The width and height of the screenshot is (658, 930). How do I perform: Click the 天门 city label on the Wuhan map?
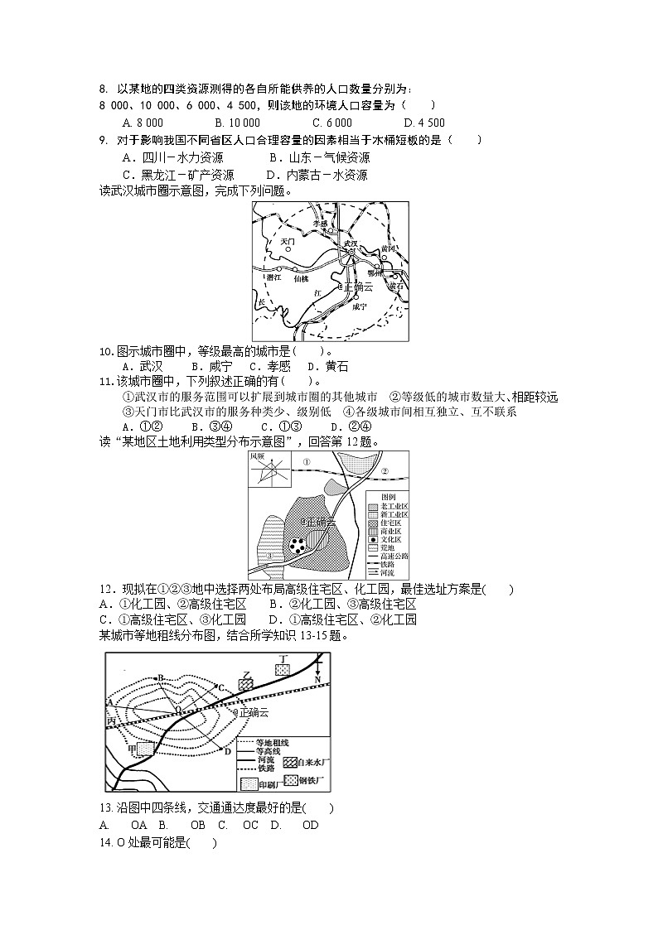tap(288, 242)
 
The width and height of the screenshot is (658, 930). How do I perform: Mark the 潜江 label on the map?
tap(273, 278)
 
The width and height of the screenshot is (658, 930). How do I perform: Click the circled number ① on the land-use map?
tap(306, 462)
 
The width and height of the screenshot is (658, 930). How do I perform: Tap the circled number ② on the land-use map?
tap(385, 471)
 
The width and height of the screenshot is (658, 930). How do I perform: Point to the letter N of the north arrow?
tap(317, 678)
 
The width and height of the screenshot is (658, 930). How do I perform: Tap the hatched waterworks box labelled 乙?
tap(245, 684)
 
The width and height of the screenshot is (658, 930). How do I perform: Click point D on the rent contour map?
tap(227, 750)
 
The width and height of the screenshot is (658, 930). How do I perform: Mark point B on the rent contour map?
tap(161, 677)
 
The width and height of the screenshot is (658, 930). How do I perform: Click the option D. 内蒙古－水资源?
tap(317, 175)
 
